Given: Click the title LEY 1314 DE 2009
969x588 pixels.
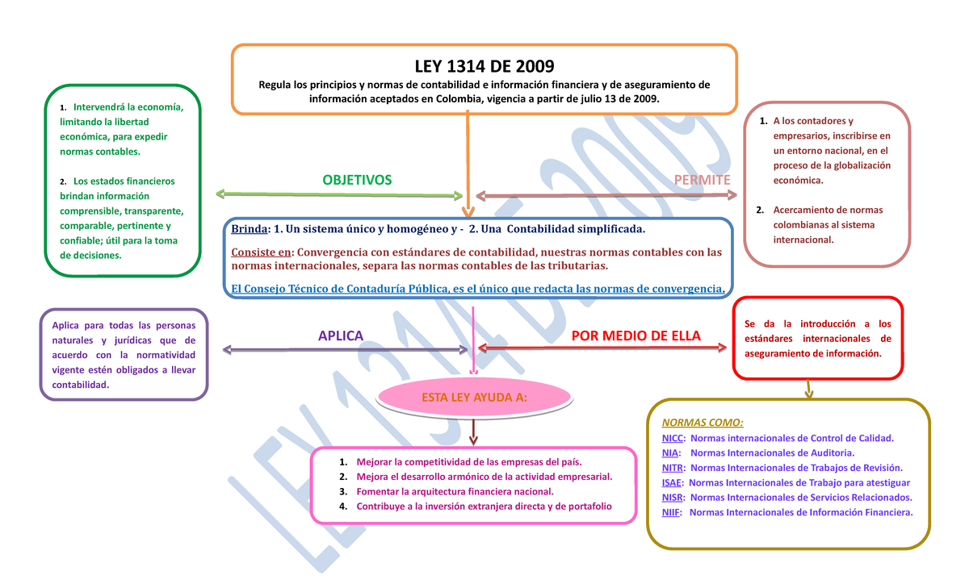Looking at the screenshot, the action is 484,66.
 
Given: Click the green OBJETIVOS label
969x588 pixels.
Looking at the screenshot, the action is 357,180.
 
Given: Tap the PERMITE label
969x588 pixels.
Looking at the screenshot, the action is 702,180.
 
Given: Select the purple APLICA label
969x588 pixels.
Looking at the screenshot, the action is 341,336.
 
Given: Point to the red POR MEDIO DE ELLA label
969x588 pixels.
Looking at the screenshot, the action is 636,336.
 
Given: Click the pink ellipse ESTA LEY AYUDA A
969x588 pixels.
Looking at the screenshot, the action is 475,397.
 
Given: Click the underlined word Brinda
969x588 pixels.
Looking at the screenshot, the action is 250,229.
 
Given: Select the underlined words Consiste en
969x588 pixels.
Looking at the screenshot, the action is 262,252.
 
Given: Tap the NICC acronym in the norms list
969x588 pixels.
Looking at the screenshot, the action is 672,438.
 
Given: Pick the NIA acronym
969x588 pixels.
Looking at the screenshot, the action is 669,452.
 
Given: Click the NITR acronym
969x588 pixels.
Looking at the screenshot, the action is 672,468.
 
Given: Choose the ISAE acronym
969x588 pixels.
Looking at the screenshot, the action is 671,482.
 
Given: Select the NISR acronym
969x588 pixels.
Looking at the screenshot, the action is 672,498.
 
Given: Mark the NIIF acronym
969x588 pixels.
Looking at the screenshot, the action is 670,512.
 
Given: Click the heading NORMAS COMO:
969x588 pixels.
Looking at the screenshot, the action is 703,423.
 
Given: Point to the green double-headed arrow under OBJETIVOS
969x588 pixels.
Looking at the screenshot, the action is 339,194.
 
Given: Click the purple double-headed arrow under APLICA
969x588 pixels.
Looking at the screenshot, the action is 346,349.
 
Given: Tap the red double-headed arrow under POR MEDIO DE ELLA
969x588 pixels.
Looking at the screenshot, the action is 602,348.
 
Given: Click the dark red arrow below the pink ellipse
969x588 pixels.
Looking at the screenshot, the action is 473,432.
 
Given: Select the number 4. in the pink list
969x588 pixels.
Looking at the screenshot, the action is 343,507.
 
